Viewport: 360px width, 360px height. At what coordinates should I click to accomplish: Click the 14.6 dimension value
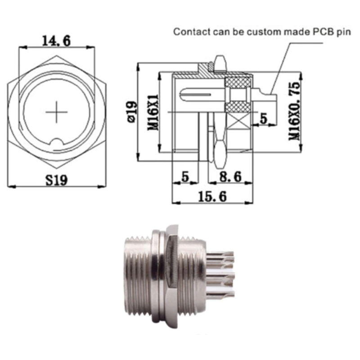pyautogui.click(x=56, y=41)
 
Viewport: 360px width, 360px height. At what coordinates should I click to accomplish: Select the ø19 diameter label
pyautogui.click(x=130, y=112)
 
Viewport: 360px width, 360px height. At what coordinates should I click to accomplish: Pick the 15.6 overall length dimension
pyautogui.click(x=211, y=196)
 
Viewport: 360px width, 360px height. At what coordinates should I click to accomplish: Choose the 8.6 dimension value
pyautogui.click(x=229, y=177)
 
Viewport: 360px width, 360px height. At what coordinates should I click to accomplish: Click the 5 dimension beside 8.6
pyautogui.click(x=185, y=177)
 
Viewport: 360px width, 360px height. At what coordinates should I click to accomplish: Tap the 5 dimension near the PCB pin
pyautogui.click(x=263, y=118)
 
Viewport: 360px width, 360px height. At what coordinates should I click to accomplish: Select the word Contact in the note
pyautogui.click(x=189, y=32)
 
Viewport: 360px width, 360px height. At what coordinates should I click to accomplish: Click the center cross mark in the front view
pyautogui.click(x=57, y=112)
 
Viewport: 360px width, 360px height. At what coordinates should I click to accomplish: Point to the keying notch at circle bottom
pyautogui.click(x=57, y=143)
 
